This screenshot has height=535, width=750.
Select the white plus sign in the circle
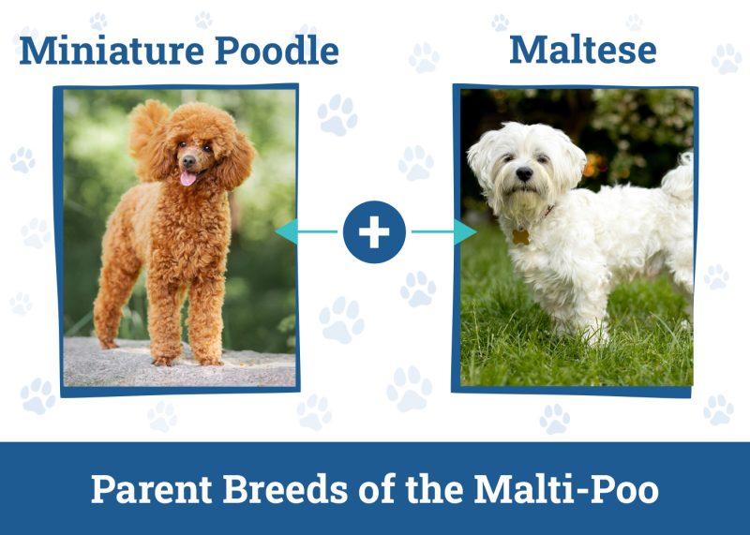pos(374,230)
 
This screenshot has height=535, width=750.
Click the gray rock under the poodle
pos(178,370)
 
